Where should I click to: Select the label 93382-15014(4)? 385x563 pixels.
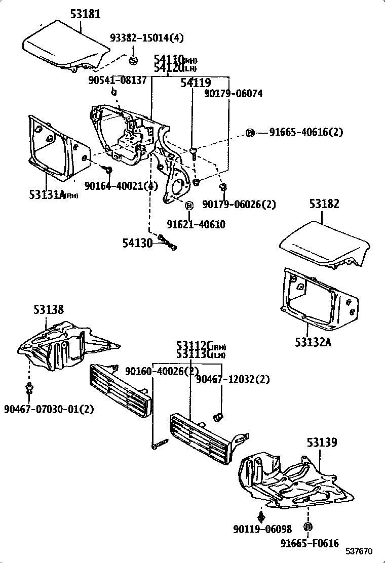click(147, 38)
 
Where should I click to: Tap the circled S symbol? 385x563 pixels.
click(133, 61)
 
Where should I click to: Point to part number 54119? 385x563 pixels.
click(196, 83)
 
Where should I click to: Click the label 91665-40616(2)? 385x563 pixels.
click(306, 132)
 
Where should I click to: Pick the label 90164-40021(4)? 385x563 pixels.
click(121, 186)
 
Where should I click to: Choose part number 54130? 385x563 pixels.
click(137, 243)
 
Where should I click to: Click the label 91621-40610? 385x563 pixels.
click(196, 224)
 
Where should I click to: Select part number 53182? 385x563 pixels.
click(324, 204)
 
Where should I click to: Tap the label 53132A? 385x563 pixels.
click(313, 342)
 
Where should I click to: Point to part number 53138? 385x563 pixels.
click(49, 310)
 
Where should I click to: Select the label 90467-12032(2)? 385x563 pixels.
click(233, 379)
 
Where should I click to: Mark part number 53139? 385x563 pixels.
click(321, 443)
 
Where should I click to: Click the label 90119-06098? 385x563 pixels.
click(262, 529)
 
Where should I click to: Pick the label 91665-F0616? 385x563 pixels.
click(310, 543)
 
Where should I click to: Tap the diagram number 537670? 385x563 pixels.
click(359, 551)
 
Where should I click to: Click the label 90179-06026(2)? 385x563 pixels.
click(239, 204)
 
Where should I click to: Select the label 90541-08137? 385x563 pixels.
click(117, 80)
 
